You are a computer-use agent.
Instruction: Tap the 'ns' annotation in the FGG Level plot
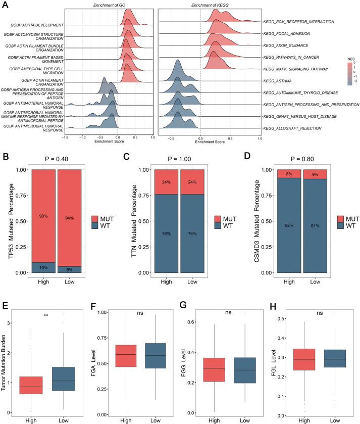tap(228, 312)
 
